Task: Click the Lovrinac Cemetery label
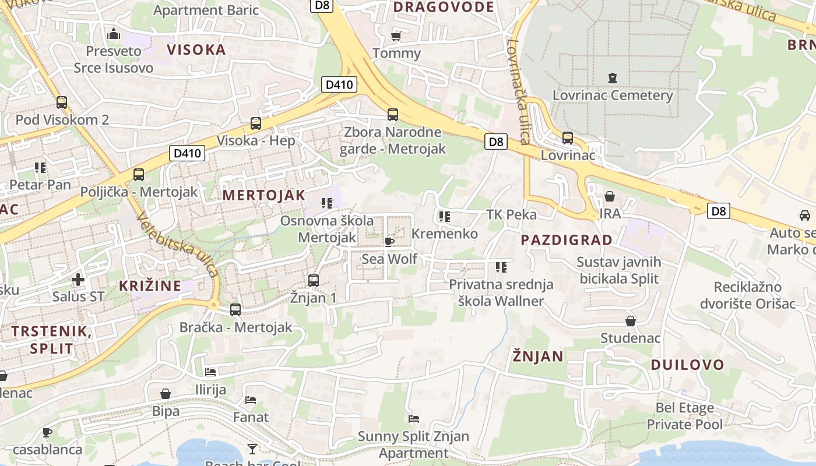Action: (613, 95)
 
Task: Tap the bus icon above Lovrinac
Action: (568, 138)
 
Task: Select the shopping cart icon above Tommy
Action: (396, 36)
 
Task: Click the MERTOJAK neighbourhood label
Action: (264, 195)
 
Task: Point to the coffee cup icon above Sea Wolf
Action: (389, 242)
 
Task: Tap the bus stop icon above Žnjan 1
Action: (314, 280)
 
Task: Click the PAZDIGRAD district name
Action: (567, 240)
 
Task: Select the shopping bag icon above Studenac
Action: (630, 321)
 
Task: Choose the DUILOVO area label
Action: (687, 365)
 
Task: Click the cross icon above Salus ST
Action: (78, 280)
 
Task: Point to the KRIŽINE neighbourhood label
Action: (150, 286)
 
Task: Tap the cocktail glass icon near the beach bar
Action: (252, 448)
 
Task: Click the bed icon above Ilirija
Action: (210, 372)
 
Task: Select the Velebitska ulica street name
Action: (178, 244)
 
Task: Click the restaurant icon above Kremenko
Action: (445, 217)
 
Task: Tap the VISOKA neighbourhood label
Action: (196, 50)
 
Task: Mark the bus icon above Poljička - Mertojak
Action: (139, 174)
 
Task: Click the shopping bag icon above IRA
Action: (610, 196)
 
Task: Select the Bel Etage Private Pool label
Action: (685, 416)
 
